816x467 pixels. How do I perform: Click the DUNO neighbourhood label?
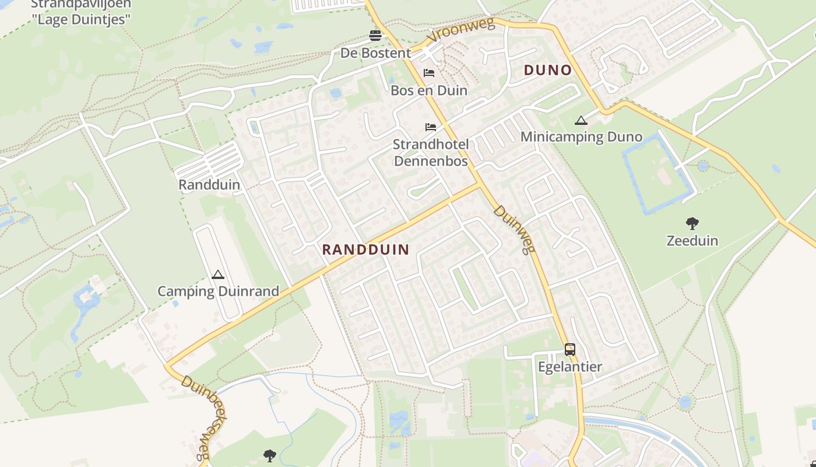pos(547,70)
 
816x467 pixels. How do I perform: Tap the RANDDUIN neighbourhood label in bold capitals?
pos(365,250)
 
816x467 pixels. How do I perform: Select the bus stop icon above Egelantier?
pos(569,350)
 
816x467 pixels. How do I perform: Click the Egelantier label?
pos(569,367)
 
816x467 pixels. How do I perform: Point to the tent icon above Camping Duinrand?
pos(218,274)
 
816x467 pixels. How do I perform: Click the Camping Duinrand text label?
pos(218,291)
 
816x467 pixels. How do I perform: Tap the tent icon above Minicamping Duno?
pos(581,121)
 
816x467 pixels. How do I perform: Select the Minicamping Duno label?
pos(581,137)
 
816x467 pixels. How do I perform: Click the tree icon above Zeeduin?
pos(692,223)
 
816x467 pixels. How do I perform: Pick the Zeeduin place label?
pos(692,241)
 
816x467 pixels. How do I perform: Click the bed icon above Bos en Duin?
pos(429,73)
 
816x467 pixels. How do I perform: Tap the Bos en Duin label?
pos(429,90)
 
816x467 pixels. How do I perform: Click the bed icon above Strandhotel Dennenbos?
pos(431,127)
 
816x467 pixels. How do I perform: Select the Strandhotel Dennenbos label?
pos(431,152)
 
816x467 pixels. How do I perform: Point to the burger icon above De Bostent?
pos(375,36)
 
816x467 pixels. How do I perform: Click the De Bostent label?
pos(375,53)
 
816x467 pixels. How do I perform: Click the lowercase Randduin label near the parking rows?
pos(209,185)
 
